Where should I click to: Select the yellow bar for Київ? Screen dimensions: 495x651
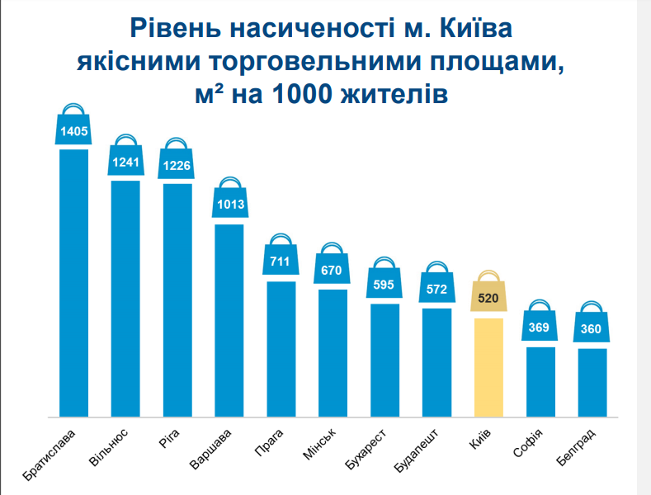pos(488,367)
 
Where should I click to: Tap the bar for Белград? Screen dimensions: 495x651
pos(592,382)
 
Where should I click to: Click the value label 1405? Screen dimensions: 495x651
pos(73,130)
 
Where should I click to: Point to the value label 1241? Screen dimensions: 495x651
pos(125,162)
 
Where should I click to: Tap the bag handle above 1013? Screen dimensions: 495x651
pos(229,184)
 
